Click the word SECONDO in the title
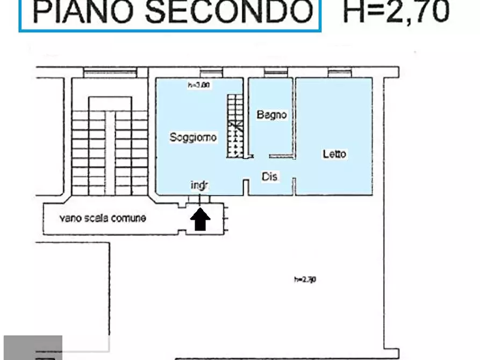[228, 12]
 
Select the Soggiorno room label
[193, 137]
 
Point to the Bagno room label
[271, 114]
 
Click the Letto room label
[334, 154]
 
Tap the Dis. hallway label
[270, 176]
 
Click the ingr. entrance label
[199, 185]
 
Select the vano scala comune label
[102, 218]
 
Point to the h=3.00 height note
[198, 85]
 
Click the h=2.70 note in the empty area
[305, 279]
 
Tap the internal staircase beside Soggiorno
[235, 126]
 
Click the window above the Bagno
[276, 72]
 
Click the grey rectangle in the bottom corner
[33, 347]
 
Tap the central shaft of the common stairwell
[110, 153]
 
